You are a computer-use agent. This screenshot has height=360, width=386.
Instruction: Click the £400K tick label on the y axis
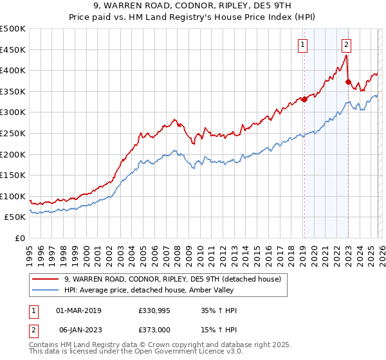(x=13, y=71)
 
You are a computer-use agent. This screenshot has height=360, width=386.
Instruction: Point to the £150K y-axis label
(x=13, y=175)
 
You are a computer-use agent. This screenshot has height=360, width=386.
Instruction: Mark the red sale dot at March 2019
(x=304, y=99)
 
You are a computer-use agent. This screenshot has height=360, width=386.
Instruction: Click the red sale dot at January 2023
(x=348, y=82)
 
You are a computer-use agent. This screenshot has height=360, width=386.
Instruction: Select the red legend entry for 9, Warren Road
(x=172, y=279)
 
